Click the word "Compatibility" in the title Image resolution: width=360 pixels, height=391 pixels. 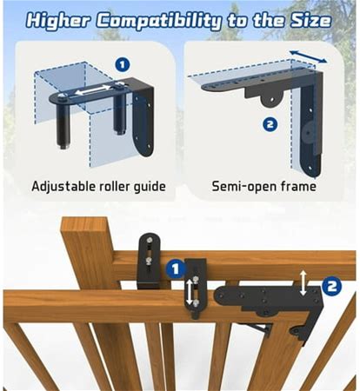point(158,22)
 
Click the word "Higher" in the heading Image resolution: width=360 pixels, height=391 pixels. point(58,21)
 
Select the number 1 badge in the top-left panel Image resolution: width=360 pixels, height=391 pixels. point(122,64)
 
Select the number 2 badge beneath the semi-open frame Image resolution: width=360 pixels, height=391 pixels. point(270,124)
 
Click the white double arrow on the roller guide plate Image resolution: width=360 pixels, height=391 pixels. point(93,89)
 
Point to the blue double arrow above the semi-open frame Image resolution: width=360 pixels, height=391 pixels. point(308,56)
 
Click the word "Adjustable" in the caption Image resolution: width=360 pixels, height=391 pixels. point(63,187)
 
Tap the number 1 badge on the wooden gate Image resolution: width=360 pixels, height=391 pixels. point(176,269)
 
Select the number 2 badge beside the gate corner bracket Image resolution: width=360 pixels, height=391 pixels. point(332,287)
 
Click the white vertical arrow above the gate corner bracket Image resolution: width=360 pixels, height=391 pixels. point(303,282)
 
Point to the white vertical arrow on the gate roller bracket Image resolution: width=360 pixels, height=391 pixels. point(189,292)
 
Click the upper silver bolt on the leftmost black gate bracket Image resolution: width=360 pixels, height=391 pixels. point(149,240)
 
